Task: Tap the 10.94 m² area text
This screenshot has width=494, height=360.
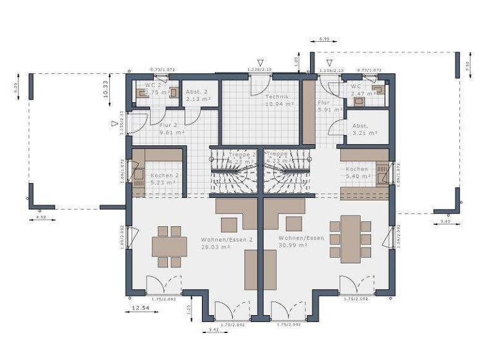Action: point(280,104)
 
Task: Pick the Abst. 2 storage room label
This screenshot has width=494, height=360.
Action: point(196,91)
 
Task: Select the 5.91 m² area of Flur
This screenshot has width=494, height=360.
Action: point(328,109)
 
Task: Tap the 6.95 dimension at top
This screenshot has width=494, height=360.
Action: point(324,39)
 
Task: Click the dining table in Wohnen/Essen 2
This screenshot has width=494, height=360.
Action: point(169,247)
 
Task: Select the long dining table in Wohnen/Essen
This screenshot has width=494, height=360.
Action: point(351,239)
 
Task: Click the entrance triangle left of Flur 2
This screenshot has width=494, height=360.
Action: point(114,123)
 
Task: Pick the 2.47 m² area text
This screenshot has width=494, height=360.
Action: point(358,94)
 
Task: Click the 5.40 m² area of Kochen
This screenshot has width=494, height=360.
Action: point(357,175)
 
